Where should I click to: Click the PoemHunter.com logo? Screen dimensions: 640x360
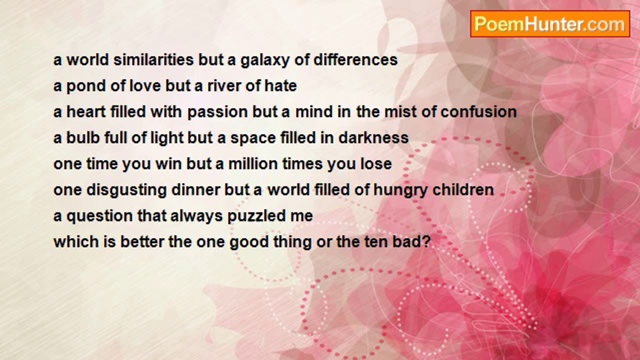[x=550, y=24]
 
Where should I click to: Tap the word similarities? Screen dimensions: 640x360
[x=153, y=59]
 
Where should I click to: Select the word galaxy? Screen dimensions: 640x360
[x=265, y=60]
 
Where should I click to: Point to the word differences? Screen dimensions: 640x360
[x=355, y=59]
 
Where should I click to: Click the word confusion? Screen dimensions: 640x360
[x=478, y=111]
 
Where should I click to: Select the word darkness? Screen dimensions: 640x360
[x=373, y=137]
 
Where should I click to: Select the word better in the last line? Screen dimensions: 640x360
[x=142, y=241]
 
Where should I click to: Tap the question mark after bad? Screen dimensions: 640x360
[x=426, y=241]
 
